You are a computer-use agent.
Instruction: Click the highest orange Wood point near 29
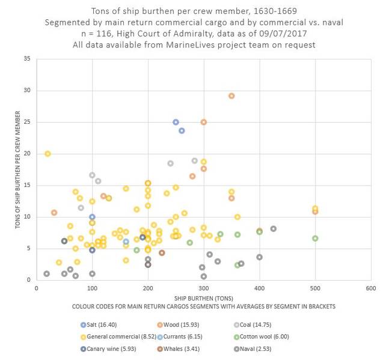[231, 96]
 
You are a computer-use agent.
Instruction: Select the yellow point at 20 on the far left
[47, 153]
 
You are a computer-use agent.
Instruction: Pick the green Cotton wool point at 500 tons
[315, 238]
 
